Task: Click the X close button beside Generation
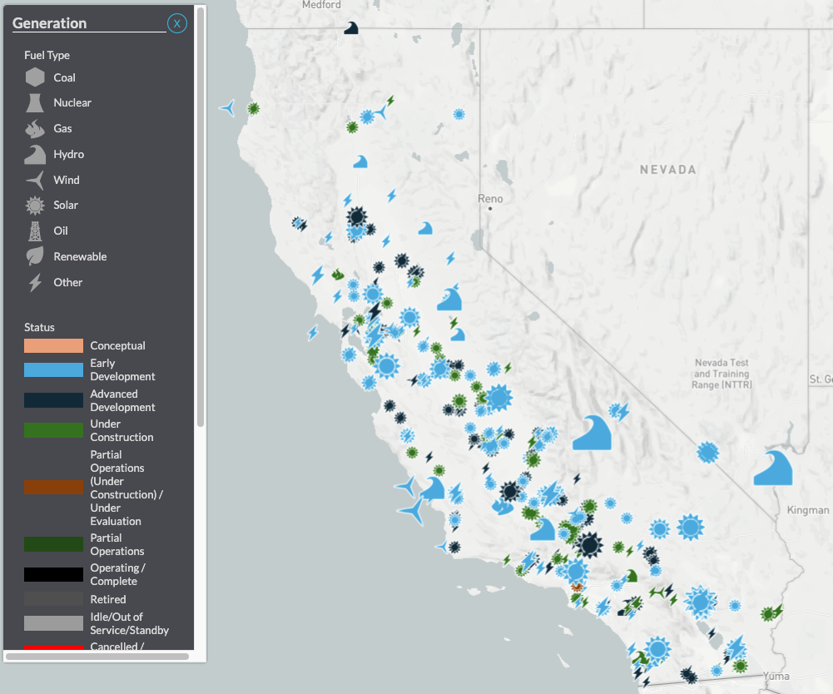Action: (176, 23)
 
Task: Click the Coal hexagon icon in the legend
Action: (35, 77)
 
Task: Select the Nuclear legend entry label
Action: (72, 103)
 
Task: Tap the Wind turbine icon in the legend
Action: (35, 180)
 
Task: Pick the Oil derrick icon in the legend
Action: (35, 231)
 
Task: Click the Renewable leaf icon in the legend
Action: (35, 256)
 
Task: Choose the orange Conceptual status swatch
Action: (53, 345)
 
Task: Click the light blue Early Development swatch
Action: (53, 369)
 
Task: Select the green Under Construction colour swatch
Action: (53, 430)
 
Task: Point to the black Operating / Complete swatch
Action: (53, 574)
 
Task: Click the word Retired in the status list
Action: (108, 599)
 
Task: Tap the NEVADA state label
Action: (667, 170)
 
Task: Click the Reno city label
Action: (491, 199)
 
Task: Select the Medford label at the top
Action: (321, 5)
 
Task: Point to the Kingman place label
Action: (807, 510)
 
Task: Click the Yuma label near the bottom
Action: (776, 676)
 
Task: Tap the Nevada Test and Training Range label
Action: (721, 374)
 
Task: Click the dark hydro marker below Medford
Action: (351, 28)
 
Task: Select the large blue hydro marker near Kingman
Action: (772, 468)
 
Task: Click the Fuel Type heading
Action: (47, 55)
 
